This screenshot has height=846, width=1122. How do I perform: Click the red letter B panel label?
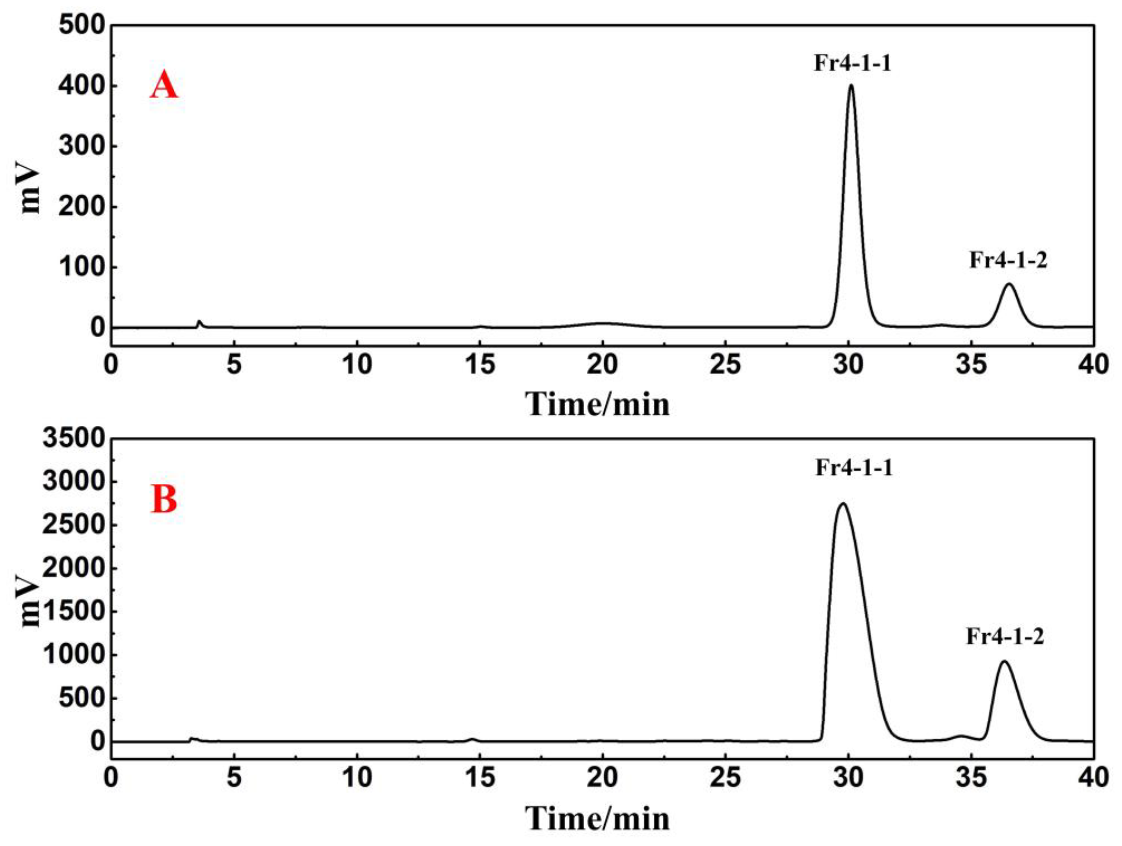click(164, 499)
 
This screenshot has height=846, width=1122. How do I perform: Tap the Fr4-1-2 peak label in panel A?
click(1008, 260)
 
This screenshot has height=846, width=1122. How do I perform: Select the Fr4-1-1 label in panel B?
click(853, 467)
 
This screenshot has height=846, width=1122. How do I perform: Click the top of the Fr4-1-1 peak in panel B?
click(843, 504)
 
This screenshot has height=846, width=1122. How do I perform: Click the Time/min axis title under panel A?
click(598, 405)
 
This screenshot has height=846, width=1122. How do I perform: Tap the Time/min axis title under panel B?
click(598, 818)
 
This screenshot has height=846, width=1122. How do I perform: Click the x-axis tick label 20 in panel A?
click(602, 364)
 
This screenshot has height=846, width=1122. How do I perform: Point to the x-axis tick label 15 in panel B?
click(480, 778)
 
